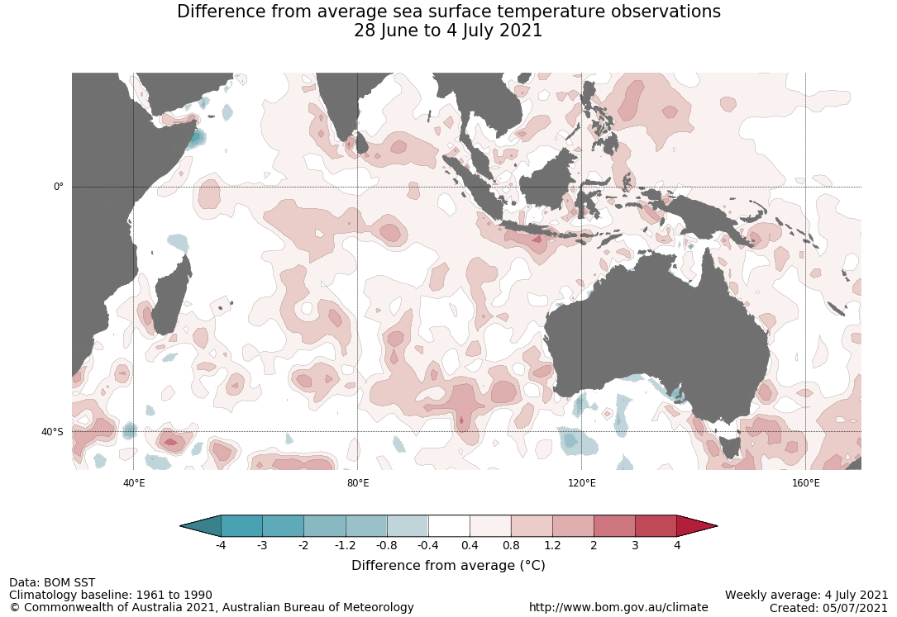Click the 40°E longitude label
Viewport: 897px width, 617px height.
click(134, 483)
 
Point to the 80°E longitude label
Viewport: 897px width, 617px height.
click(358, 483)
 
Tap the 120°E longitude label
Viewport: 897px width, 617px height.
click(582, 483)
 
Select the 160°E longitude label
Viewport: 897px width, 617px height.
click(806, 483)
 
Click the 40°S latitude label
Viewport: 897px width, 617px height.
click(52, 432)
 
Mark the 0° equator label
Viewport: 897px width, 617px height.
click(59, 187)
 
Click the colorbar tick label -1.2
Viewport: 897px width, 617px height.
click(346, 545)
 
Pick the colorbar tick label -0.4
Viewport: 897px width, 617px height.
click(428, 545)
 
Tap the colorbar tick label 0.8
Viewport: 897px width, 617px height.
click(511, 545)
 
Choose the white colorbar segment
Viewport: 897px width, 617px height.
click(449, 526)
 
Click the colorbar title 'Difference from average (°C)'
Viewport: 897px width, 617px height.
click(448, 566)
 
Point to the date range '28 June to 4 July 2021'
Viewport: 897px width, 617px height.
click(448, 31)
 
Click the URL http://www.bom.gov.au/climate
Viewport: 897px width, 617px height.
click(618, 607)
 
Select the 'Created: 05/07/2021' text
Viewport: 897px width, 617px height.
click(828, 607)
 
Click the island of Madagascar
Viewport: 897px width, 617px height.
click(172, 297)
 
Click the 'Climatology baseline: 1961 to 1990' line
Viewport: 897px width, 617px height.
click(111, 595)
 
